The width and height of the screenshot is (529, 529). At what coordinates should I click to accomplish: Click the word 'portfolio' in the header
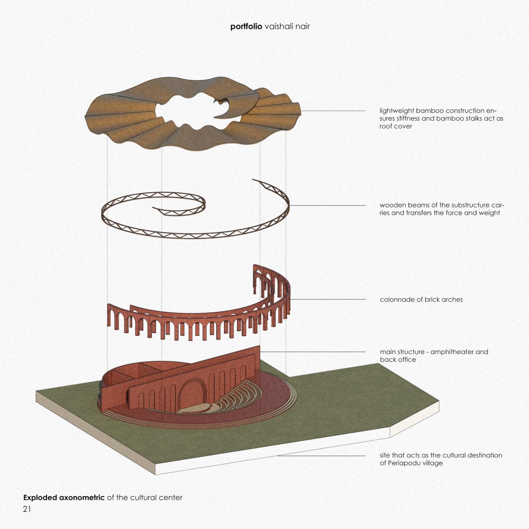(246, 26)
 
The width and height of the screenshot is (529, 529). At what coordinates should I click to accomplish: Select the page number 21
(27, 509)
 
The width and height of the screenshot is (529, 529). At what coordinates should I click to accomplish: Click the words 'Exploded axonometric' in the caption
(64, 497)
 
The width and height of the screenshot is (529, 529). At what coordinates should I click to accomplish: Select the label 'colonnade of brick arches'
(421, 299)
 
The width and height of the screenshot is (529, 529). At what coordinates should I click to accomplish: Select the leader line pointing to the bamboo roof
(333, 111)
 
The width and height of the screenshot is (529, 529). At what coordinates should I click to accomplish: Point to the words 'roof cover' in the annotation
(396, 126)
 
